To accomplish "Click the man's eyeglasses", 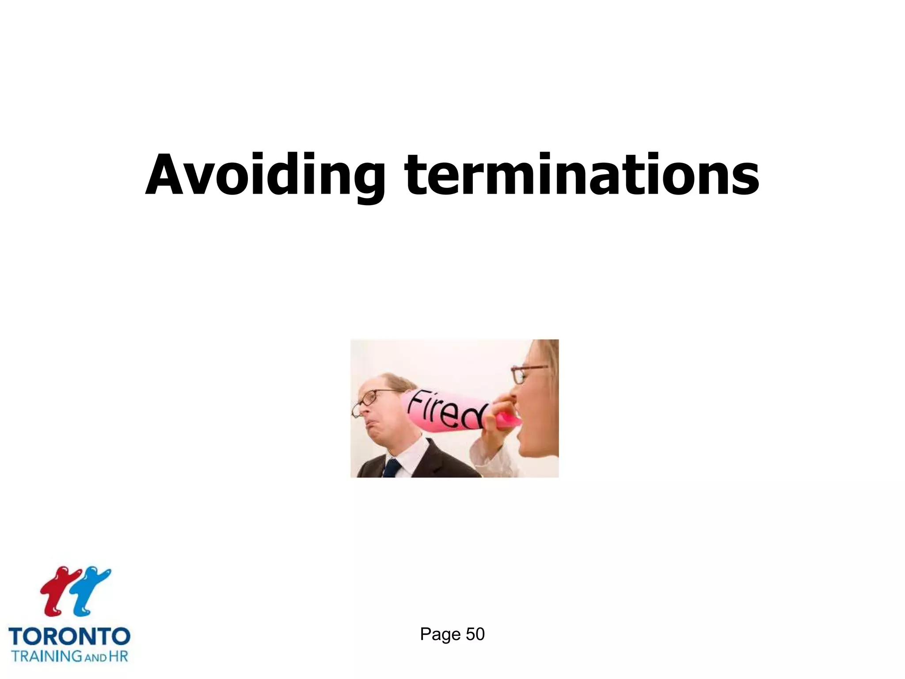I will pos(369,401).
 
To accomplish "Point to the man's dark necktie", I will pos(392,468).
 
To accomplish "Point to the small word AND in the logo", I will pos(95,658).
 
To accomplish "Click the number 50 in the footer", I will pos(475,634).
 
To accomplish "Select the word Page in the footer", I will pos(440,634).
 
